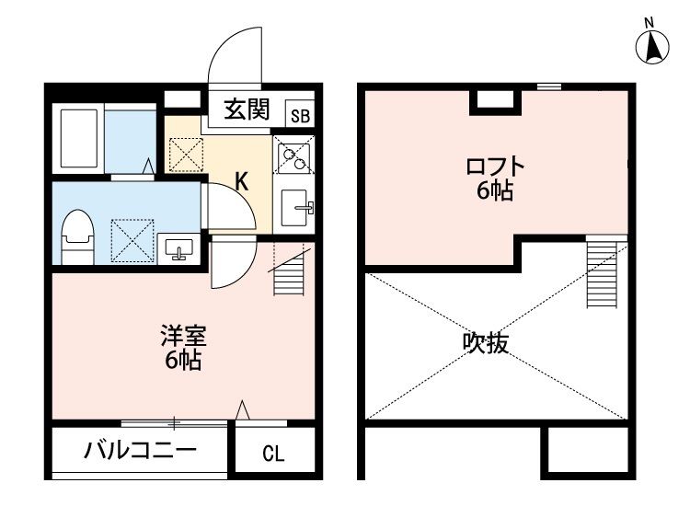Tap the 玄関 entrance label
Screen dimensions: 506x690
point(246,110)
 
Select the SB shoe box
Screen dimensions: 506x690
point(300,115)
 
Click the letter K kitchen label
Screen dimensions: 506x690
point(240,180)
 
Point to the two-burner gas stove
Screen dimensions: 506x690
point(294,160)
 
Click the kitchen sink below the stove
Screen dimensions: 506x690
point(296,208)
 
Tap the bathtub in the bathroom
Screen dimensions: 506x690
point(79,138)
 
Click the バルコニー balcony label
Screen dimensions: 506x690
point(139,451)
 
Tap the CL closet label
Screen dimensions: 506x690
point(273,453)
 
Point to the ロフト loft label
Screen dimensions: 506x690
point(495,167)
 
